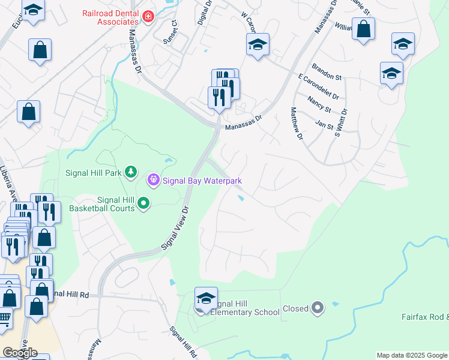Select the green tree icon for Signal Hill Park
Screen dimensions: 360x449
131,173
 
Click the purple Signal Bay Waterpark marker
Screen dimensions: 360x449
154,179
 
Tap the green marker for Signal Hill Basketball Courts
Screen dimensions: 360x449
143,204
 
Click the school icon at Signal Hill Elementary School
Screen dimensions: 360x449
205,298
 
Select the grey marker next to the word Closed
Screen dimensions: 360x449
318,308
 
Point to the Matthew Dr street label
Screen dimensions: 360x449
297,123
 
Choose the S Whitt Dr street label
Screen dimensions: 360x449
343,123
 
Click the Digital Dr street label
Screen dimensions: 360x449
205,12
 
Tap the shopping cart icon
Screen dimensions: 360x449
4,319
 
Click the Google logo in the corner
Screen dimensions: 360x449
20,353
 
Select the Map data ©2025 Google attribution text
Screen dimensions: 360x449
412,355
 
